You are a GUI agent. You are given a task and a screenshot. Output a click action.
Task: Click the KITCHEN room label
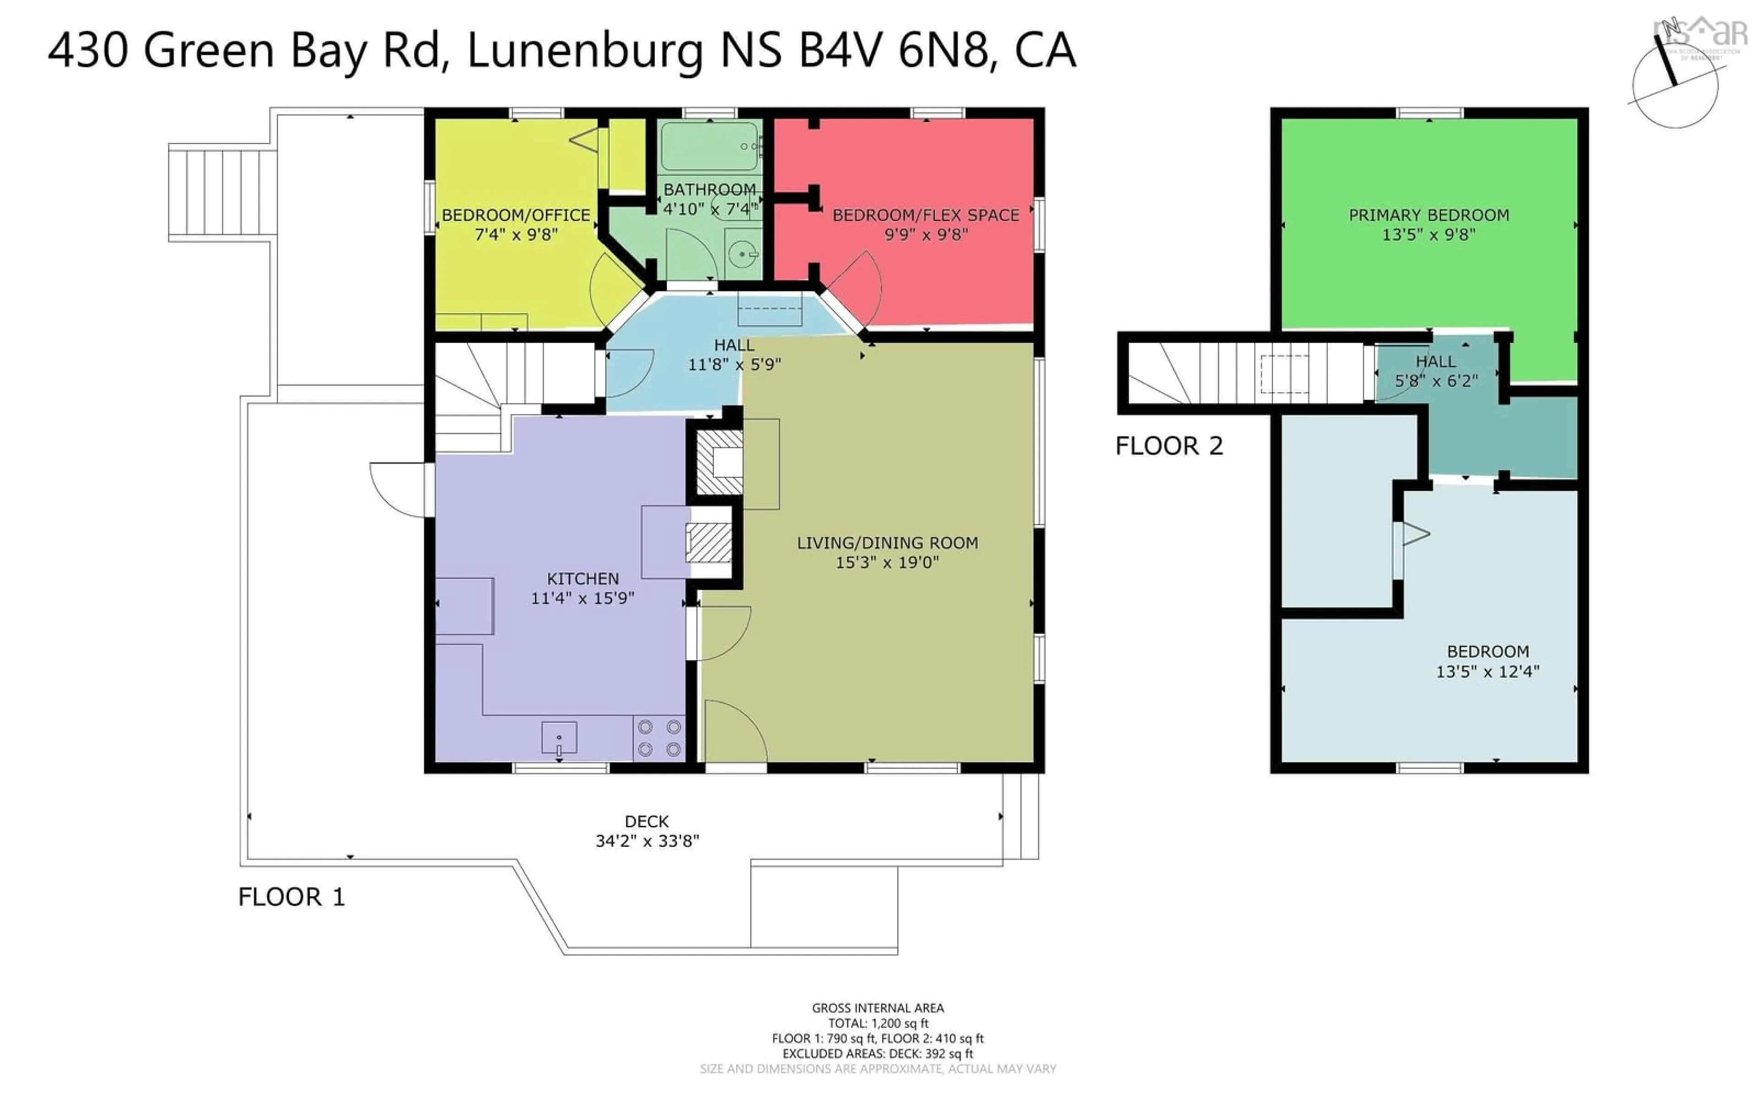[x=582, y=579]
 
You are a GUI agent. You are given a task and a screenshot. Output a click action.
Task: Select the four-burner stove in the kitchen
[x=658, y=738]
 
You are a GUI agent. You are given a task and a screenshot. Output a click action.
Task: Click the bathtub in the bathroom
[x=709, y=146]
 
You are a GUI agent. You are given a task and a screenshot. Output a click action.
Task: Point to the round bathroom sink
[x=743, y=254]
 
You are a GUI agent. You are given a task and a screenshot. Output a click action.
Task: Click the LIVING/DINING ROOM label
[x=887, y=543]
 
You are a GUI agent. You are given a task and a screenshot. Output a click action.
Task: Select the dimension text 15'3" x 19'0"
[x=887, y=562]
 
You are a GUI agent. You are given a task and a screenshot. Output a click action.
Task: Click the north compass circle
[x=1675, y=86]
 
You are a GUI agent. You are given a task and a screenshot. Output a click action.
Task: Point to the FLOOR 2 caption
[x=1169, y=446]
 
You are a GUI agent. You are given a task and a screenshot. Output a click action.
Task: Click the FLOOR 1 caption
[x=291, y=897]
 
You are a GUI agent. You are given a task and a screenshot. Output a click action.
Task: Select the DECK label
[x=646, y=821]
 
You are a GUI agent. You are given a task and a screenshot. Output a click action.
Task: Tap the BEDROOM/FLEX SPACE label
[x=925, y=215]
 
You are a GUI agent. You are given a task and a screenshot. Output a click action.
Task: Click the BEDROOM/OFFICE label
[x=516, y=215]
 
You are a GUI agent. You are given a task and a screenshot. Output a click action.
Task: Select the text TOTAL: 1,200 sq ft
[x=878, y=1023]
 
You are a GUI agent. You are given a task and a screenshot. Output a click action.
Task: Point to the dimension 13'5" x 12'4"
[x=1487, y=672]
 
